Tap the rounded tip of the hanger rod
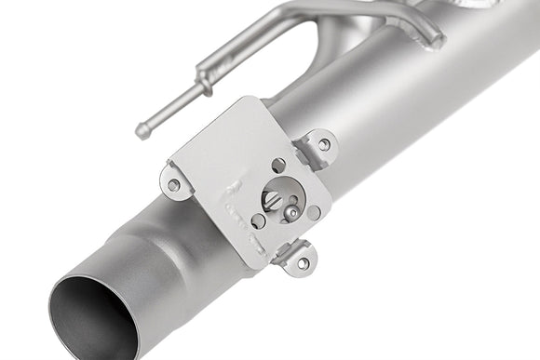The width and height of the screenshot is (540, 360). tap(142, 131)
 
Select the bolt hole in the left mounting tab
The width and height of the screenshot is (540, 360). tap(173, 185)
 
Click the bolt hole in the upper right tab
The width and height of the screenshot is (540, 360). tap(323, 144)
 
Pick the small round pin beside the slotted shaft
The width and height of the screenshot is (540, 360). tap(291, 213)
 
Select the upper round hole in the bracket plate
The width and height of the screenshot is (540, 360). tap(277, 165)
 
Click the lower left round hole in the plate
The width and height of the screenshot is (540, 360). tap(258, 220)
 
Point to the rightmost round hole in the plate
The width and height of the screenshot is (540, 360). tap(314, 213)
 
